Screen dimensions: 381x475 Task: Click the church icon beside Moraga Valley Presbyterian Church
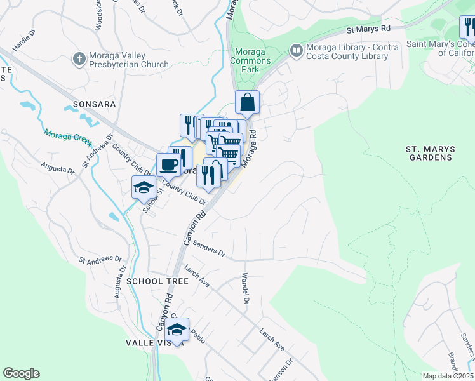coord(79,59)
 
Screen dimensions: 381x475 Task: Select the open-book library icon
coord(295,50)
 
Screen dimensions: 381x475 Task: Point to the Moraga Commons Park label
coord(253,57)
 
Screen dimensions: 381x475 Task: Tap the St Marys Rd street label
coord(368,29)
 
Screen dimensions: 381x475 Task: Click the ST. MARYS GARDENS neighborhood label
coord(430,154)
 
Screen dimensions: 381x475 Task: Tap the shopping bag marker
coord(247,102)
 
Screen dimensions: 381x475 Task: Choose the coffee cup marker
coord(169,164)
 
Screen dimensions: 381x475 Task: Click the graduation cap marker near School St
coord(144,187)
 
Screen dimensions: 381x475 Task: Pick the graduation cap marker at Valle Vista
coord(177,330)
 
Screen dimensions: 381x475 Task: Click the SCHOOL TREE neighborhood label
coord(157,281)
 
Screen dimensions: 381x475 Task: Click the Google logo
coord(21,373)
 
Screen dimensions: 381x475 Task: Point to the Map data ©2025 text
coord(446,376)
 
